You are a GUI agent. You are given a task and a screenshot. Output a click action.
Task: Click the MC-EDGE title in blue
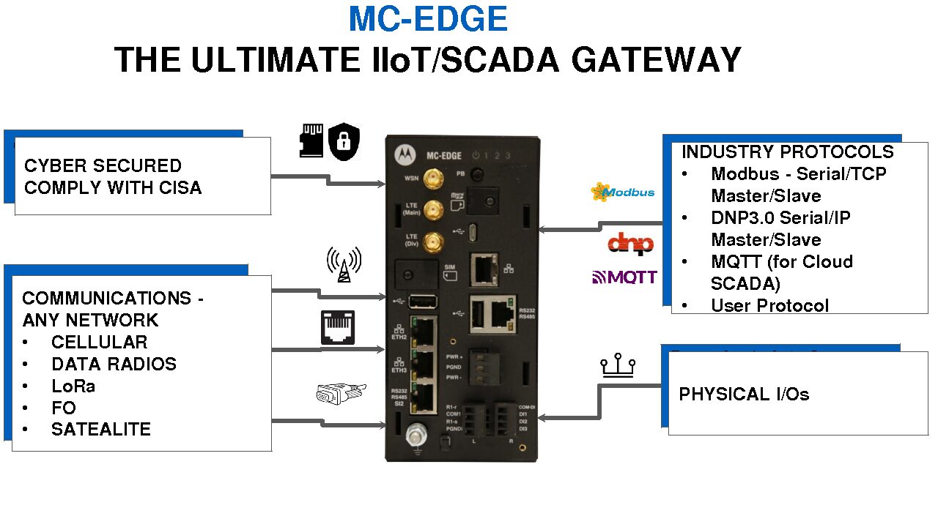(428, 19)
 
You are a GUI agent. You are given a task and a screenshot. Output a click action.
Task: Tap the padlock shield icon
(344, 142)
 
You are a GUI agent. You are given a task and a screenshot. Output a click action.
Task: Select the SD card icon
(311, 141)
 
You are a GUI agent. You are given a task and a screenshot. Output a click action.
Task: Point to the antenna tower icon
(344, 264)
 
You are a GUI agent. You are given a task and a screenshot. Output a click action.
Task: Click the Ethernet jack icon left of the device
(338, 327)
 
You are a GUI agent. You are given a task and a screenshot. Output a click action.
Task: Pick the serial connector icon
(339, 394)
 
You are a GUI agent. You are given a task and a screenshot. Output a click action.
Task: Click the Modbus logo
(623, 193)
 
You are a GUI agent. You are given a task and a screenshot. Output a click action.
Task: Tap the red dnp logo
(630, 243)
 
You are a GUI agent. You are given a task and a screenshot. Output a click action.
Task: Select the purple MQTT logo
(624, 277)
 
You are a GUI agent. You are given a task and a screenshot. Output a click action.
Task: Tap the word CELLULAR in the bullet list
(99, 342)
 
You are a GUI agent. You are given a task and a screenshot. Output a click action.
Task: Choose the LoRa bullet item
(73, 386)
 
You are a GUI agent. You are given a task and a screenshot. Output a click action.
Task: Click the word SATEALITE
(101, 430)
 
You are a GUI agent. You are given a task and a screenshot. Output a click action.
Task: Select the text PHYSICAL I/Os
(744, 395)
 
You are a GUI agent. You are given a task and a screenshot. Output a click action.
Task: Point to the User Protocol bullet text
(769, 305)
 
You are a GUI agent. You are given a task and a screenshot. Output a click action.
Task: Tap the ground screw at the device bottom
(415, 436)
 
